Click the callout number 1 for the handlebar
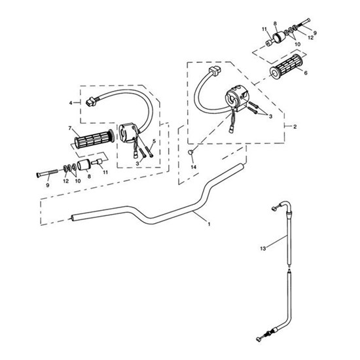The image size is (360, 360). click(209, 224)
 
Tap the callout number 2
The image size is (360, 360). click(295, 126)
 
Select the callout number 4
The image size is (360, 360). click(71, 103)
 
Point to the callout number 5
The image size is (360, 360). click(154, 141)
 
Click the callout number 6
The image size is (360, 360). click(306, 73)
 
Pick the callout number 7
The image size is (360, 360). click(70, 128)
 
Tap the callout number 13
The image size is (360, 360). click(263, 249)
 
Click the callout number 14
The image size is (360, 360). click(194, 167)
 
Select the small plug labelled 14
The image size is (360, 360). click(191, 152)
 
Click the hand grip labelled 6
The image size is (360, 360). click(285, 65)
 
